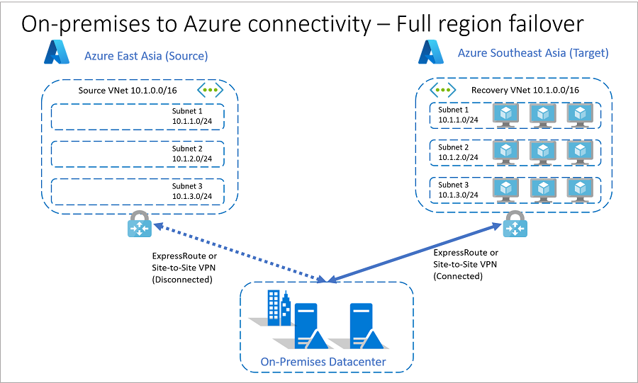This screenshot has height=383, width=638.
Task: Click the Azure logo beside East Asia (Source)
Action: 56,53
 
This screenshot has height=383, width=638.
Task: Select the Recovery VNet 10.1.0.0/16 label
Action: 525,90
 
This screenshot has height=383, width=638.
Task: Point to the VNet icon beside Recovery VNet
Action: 444,90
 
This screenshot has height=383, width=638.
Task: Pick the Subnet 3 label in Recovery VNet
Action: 454,189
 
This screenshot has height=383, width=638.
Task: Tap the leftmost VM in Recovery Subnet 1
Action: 506,115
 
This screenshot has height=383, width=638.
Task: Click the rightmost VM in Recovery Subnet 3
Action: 581,188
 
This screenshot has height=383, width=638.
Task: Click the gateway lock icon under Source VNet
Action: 138,224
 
